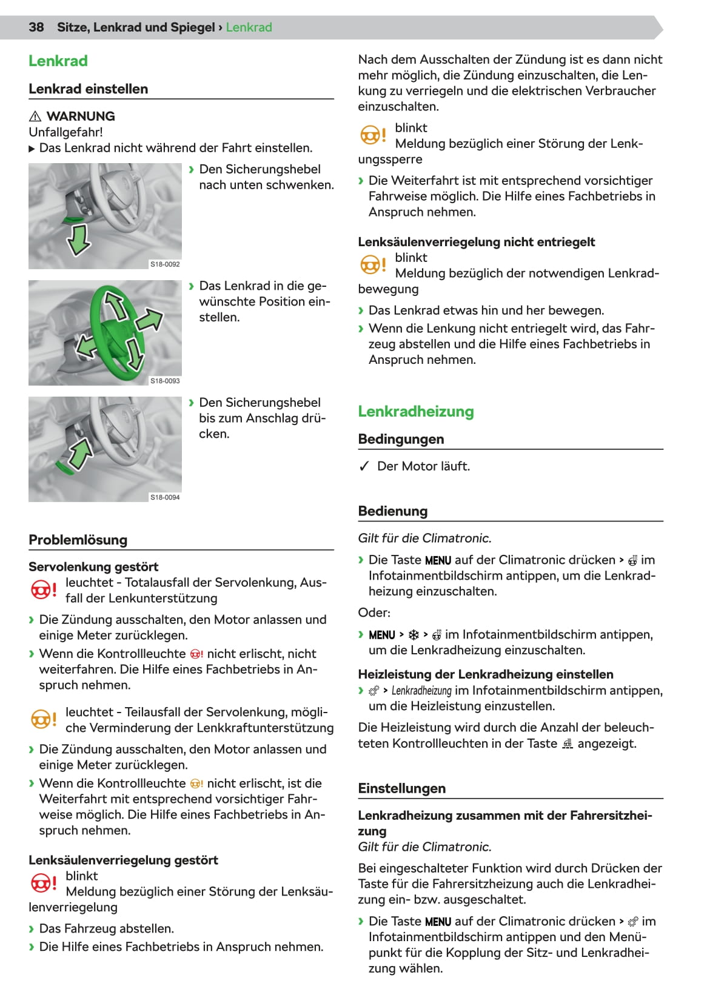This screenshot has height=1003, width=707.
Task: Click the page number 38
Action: [x=36, y=27]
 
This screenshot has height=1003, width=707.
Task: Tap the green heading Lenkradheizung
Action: [x=415, y=411]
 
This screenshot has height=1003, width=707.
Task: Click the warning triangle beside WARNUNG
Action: [x=35, y=116]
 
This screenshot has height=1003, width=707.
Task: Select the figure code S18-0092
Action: [x=165, y=264]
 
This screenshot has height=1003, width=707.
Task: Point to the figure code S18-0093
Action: [x=165, y=381]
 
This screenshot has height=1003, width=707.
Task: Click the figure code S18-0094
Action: [x=165, y=497]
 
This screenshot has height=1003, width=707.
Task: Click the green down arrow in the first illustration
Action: [x=78, y=239]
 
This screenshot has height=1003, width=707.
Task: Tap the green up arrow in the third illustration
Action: [x=79, y=455]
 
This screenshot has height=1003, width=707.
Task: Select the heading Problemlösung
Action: [x=78, y=540]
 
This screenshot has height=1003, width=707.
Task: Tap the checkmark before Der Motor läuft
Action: [x=364, y=466]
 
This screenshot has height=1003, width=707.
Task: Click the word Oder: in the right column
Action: [x=374, y=612]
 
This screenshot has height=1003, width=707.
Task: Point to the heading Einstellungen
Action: [x=401, y=788]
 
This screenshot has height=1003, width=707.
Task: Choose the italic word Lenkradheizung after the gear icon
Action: [x=421, y=691]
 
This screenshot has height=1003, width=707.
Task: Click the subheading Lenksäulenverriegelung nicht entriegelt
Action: [x=476, y=242]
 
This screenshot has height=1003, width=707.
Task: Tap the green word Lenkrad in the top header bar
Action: [x=249, y=27]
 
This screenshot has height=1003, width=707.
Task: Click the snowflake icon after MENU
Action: [x=414, y=635]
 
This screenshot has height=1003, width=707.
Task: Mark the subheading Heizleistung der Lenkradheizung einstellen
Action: [x=485, y=674]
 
